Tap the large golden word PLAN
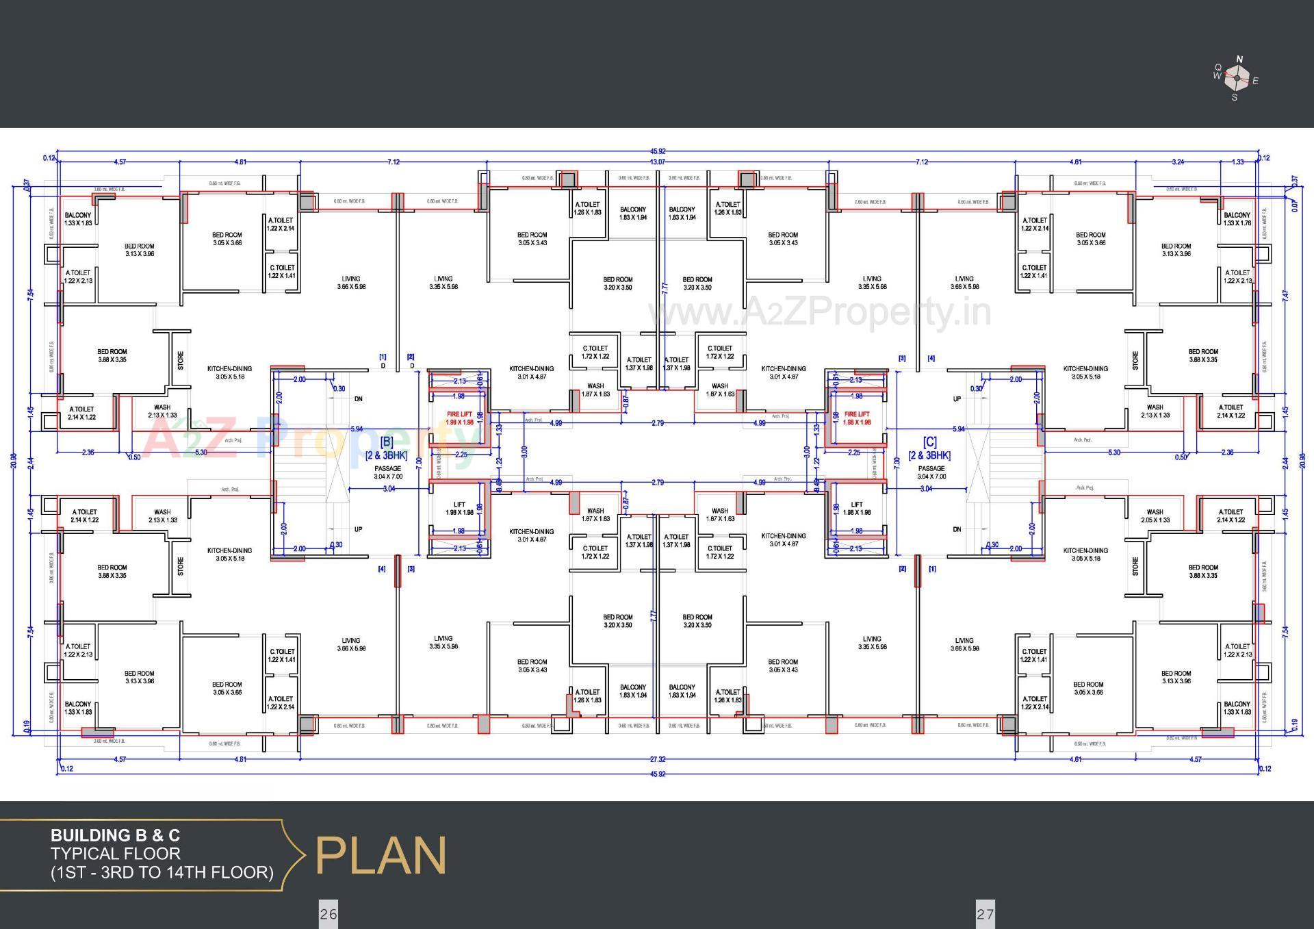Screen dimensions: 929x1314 coord(381,855)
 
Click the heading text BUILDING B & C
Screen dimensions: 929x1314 coord(115,835)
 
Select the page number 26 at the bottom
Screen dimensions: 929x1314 coord(328,914)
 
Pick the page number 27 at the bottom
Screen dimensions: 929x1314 coord(985,914)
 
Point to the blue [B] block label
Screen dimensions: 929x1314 coord(386,442)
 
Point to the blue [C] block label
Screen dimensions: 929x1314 coord(929,442)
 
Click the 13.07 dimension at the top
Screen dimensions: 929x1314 coord(657,162)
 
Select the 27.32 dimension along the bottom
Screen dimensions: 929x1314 coord(657,759)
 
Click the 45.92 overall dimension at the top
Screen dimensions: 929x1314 coord(657,151)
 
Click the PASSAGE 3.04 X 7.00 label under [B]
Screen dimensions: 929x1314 coord(387,472)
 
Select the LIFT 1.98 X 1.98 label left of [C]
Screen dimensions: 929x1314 coord(857,508)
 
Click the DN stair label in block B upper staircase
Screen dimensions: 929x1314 coord(358,398)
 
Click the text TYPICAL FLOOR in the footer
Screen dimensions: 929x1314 coord(115,854)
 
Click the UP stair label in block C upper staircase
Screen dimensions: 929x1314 coord(957,398)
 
